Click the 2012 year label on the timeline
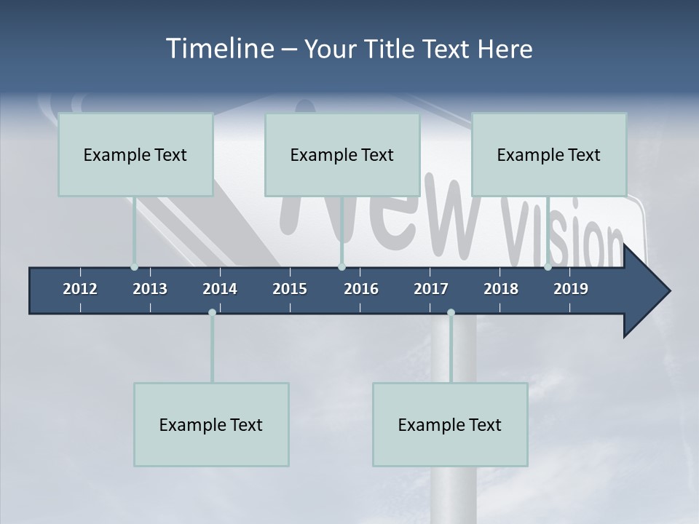(80, 289)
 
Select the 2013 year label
(150, 289)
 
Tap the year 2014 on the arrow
(220, 289)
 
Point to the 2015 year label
(290, 289)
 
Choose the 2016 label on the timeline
(361, 289)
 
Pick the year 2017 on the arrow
(431, 289)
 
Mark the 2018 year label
(501, 289)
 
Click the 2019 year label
(571, 289)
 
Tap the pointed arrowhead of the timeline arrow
(652, 291)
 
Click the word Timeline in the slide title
(219, 49)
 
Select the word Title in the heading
(391, 49)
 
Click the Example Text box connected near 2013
(135, 154)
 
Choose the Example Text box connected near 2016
(342, 154)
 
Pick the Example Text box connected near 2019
(549, 154)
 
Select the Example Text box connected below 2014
(211, 424)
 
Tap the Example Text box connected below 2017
(450, 424)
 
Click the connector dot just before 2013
(134, 267)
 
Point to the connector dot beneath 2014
(212, 312)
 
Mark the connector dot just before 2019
(548, 267)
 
